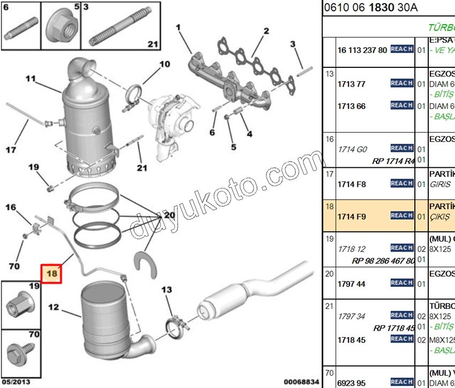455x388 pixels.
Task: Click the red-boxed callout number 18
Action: click(52, 273)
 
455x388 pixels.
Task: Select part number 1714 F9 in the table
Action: click(352, 215)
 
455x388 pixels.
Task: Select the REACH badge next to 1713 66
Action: click(401, 106)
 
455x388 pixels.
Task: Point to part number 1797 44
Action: click(351, 284)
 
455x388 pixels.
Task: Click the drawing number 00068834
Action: click(301, 382)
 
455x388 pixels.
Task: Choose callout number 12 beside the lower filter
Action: click(53, 307)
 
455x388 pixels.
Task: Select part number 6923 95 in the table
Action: click(351, 383)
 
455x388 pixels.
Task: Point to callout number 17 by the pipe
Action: click(11, 150)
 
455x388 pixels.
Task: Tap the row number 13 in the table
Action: click(329, 73)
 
